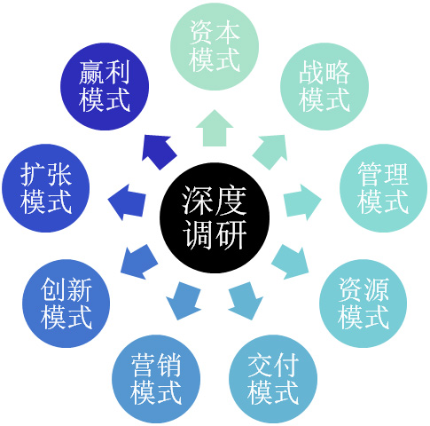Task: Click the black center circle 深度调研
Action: [215, 217]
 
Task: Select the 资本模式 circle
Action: [215, 46]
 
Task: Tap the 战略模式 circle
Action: [324, 86]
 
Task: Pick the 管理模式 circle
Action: [383, 188]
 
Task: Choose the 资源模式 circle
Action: [364, 304]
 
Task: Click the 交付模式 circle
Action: [273, 379]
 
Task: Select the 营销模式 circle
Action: [156, 379]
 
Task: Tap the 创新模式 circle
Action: [66, 304]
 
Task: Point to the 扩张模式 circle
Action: [46, 188]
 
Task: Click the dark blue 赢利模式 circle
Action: [105, 86]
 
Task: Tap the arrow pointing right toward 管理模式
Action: [302, 202]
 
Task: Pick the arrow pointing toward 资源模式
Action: [291, 262]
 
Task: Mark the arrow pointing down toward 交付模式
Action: [246, 300]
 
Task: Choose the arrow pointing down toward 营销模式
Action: [184, 300]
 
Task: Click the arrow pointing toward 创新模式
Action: [138, 262]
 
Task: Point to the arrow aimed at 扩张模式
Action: [127, 202]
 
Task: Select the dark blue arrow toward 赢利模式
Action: [159, 151]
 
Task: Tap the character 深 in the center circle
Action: [197, 201]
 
